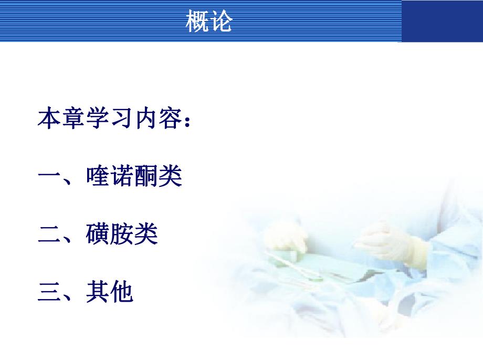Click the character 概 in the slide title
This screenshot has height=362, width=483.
(197, 22)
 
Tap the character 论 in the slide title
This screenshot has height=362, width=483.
(221, 22)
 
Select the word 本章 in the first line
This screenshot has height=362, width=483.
(61, 119)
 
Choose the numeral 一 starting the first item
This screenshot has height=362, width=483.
(50, 177)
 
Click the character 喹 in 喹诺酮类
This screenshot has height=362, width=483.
(98, 177)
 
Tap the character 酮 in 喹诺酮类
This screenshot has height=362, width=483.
(146, 177)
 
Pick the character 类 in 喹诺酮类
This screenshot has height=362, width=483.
(170, 177)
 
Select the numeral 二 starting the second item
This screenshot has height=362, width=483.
(50, 235)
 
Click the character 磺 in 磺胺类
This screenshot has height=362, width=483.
(98, 235)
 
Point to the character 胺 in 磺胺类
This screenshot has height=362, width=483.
(122, 235)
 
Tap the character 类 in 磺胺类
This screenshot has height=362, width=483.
(146, 235)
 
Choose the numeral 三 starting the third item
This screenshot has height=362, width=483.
(50, 292)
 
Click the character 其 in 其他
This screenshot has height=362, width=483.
(98, 292)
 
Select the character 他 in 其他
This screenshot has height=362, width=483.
(122, 292)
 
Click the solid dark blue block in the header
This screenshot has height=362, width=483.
(442, 21)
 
